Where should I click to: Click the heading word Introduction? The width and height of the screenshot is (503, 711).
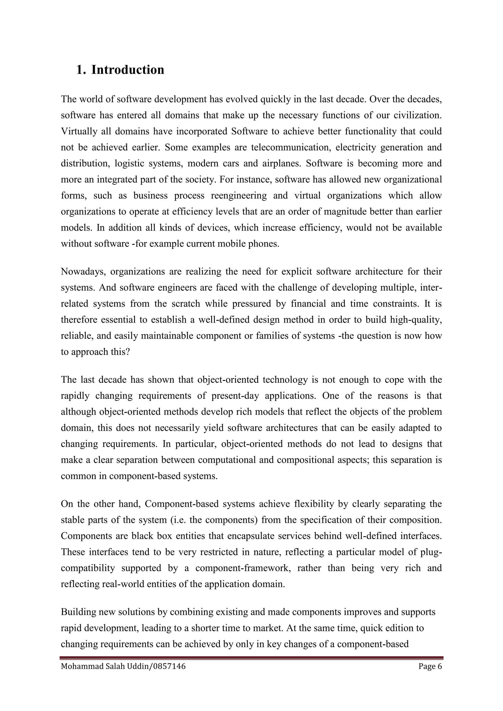tap(128, 70)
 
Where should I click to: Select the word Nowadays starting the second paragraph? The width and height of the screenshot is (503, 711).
tap(83, 272)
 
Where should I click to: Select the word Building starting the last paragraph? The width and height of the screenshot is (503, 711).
tap(78, 612)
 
